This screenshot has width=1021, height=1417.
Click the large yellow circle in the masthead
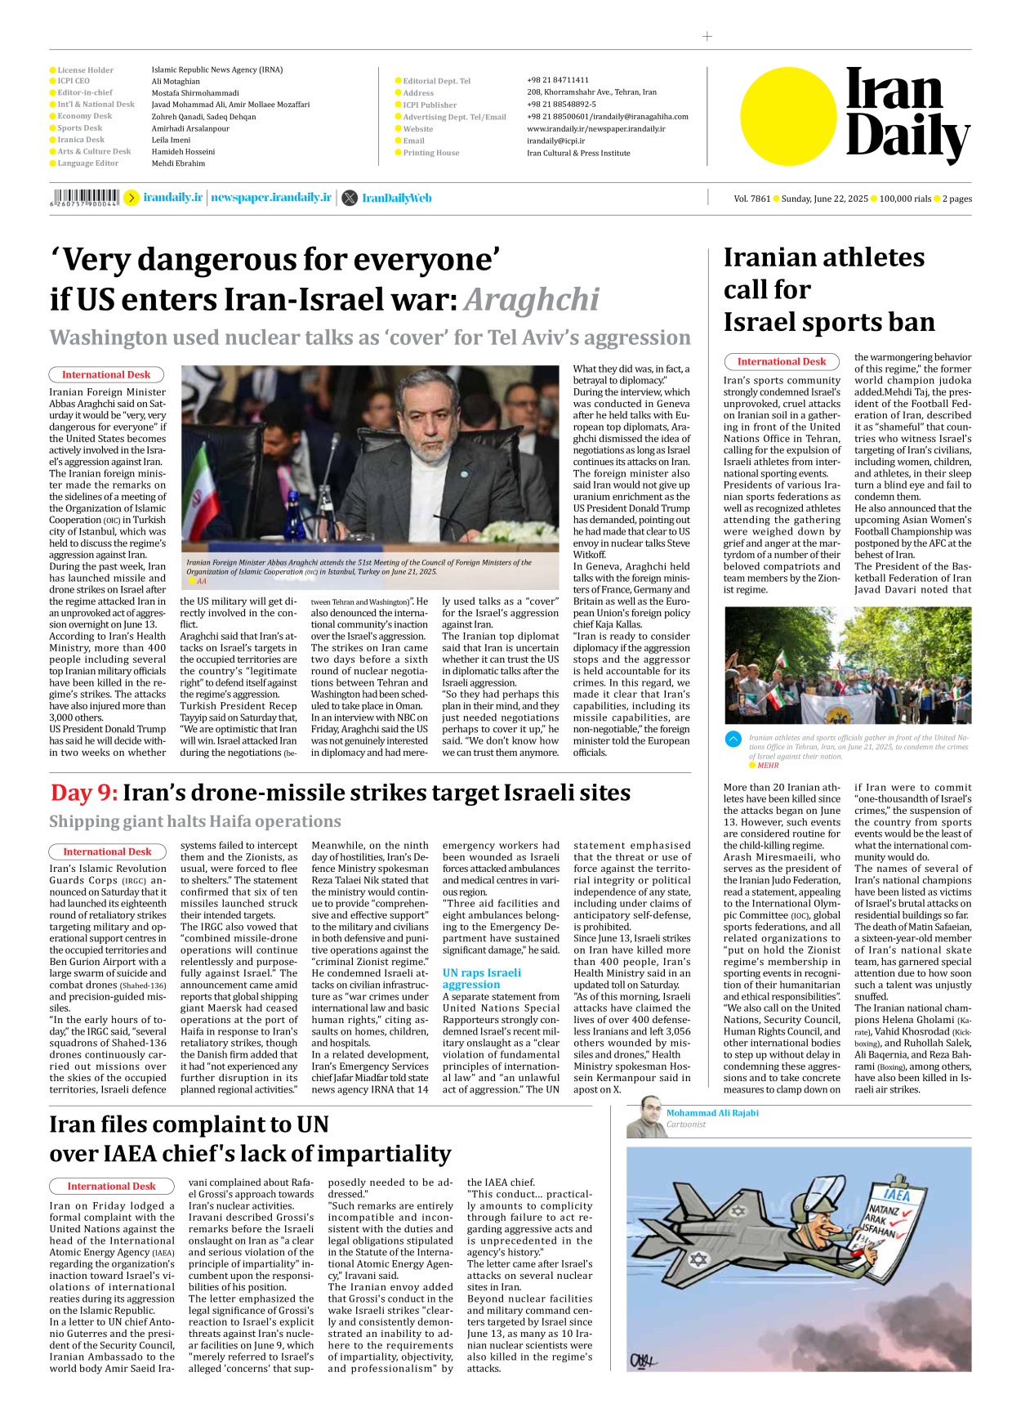click(x=788, y=116)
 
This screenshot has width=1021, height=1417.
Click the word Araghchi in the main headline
click(x=532, y=300)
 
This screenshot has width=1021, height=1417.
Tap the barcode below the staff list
click(x=85, y=197)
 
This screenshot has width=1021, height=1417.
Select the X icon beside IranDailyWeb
click(x=350, y=198)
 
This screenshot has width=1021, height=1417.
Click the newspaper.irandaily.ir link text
click(x=271, y=198)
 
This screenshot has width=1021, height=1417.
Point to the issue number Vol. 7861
click(x=751, y=199)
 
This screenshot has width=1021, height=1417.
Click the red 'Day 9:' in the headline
click(x=83, y=793)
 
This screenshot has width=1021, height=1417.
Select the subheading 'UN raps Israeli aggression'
click(x=481, y=978)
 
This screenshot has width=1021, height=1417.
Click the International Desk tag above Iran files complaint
click(x=111, y=1186)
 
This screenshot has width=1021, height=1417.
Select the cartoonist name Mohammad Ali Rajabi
click(x=712, y=1113)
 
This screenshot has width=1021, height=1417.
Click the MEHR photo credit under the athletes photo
click(x=768, y=766)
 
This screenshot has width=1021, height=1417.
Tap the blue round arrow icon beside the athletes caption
click(x=733, y=739)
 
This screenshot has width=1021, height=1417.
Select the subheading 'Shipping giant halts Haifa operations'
click(x=195, y=821)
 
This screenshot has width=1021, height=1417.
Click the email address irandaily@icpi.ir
click(x=555, y=141)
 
